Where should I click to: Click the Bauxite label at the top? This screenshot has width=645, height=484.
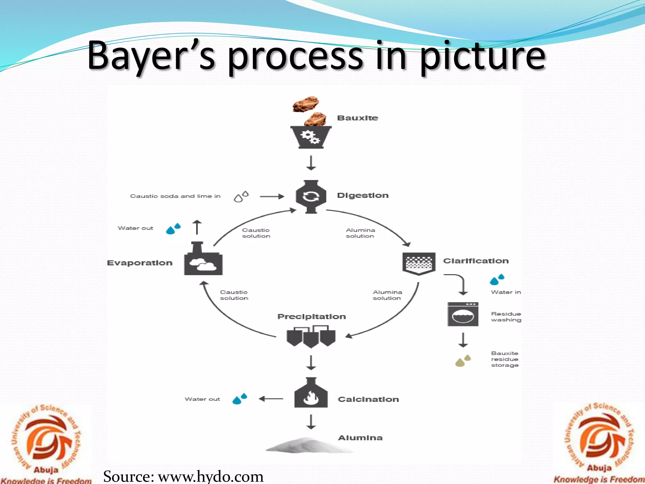click(357, 118)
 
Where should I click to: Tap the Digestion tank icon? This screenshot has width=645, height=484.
click(311, 197)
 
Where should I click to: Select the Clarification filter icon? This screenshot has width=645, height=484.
click(419, 264)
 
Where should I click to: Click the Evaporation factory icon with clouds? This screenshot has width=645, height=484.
click(203, 259)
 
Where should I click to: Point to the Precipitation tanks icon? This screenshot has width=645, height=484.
click(311, 337)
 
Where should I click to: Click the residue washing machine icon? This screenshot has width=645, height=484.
click(463, 314)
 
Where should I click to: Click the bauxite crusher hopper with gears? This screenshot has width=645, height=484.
click(311, 137)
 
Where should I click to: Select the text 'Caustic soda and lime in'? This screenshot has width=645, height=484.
click(175, 196)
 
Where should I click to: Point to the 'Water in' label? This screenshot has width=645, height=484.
click(506, 292)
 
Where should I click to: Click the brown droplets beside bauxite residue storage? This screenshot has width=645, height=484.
click(463, 360)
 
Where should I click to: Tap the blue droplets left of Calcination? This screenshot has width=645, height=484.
click(240, 399)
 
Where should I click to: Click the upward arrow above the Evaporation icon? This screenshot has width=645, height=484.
click(197, 227)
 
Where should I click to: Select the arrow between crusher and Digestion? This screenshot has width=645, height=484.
click(311, 163)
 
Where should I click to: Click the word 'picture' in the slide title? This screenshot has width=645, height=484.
click(483, 56)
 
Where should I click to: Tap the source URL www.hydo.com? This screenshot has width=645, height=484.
click(210, 476)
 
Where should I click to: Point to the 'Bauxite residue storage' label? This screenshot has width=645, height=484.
click(505, 359)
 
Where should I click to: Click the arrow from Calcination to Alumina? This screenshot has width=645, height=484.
click(311, 422)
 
